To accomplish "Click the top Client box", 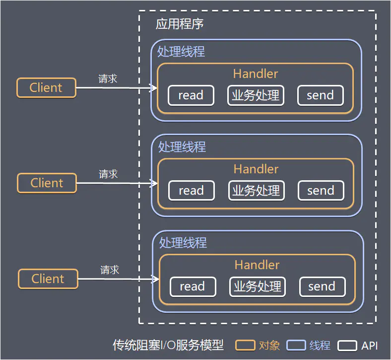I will coord(46,88).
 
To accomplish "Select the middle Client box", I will coord(47,183).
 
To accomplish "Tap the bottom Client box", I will coord(48,279).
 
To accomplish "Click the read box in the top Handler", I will coord(191,95).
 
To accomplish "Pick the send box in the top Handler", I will coord(320,95).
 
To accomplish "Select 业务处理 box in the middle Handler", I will coord(256,191).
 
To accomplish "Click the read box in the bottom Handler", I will coord(193,287).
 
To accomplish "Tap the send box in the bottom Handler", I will coord(322,287).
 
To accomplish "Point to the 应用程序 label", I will coord(180,24).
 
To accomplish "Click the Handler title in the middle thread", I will coord(256,169).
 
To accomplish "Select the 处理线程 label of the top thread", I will coord(181,52).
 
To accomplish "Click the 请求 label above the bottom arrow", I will coord(110,270).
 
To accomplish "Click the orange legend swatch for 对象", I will coord(245,346).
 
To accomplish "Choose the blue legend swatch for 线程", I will coord(296,346).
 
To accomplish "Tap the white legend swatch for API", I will coord(347,346).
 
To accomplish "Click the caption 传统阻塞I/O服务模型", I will coord(168,345).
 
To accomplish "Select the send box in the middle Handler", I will coord(321,191).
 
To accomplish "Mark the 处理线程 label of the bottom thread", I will coord(183,243).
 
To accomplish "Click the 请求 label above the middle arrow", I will coord(108,174).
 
